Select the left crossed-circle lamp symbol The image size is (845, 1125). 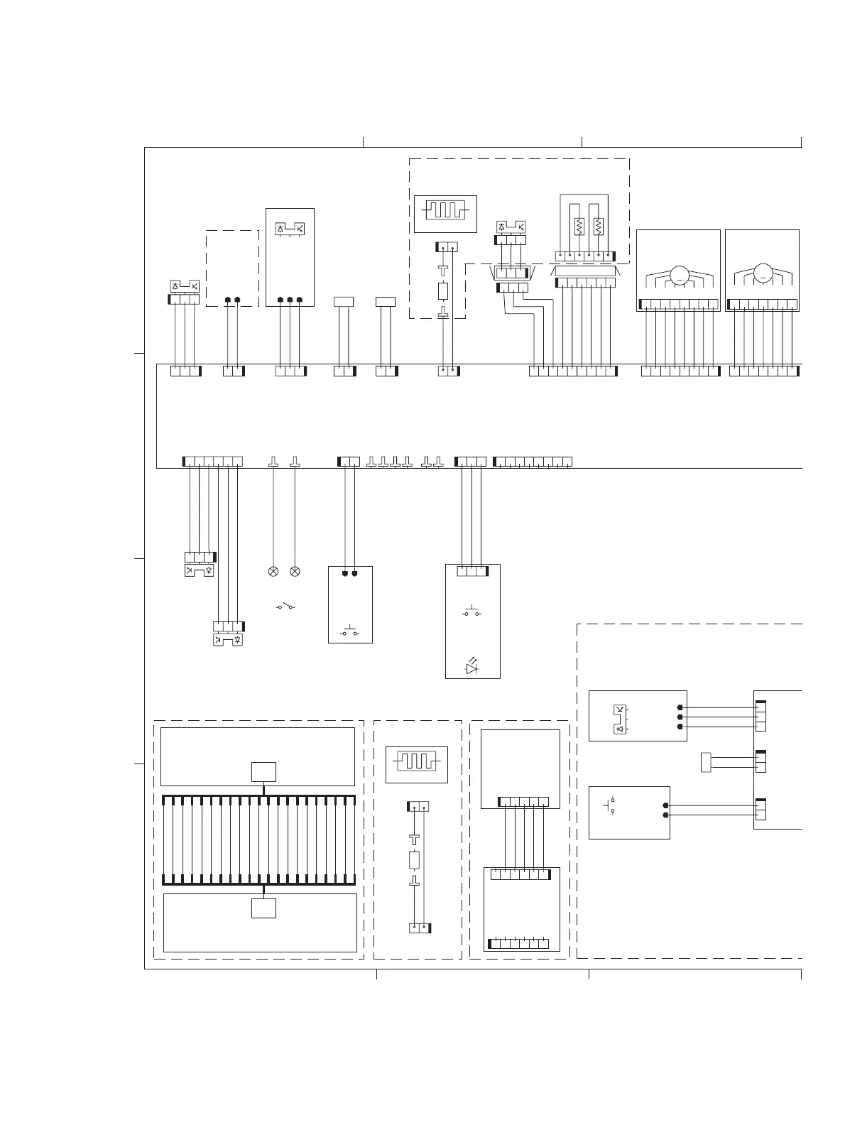(273, 571)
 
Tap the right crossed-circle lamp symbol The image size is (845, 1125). (295, 571)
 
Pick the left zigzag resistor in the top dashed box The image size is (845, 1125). (579, 227)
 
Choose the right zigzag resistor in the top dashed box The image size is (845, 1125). (599, 227)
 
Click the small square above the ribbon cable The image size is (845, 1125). (263, 772)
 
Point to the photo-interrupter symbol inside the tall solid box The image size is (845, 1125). (290, 229)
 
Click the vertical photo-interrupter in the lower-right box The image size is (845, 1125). (620, 719)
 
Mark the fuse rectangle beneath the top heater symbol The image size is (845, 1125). (444, 291)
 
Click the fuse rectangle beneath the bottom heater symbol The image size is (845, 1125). (415, 861)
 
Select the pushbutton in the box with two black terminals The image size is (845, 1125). (350, 631)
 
